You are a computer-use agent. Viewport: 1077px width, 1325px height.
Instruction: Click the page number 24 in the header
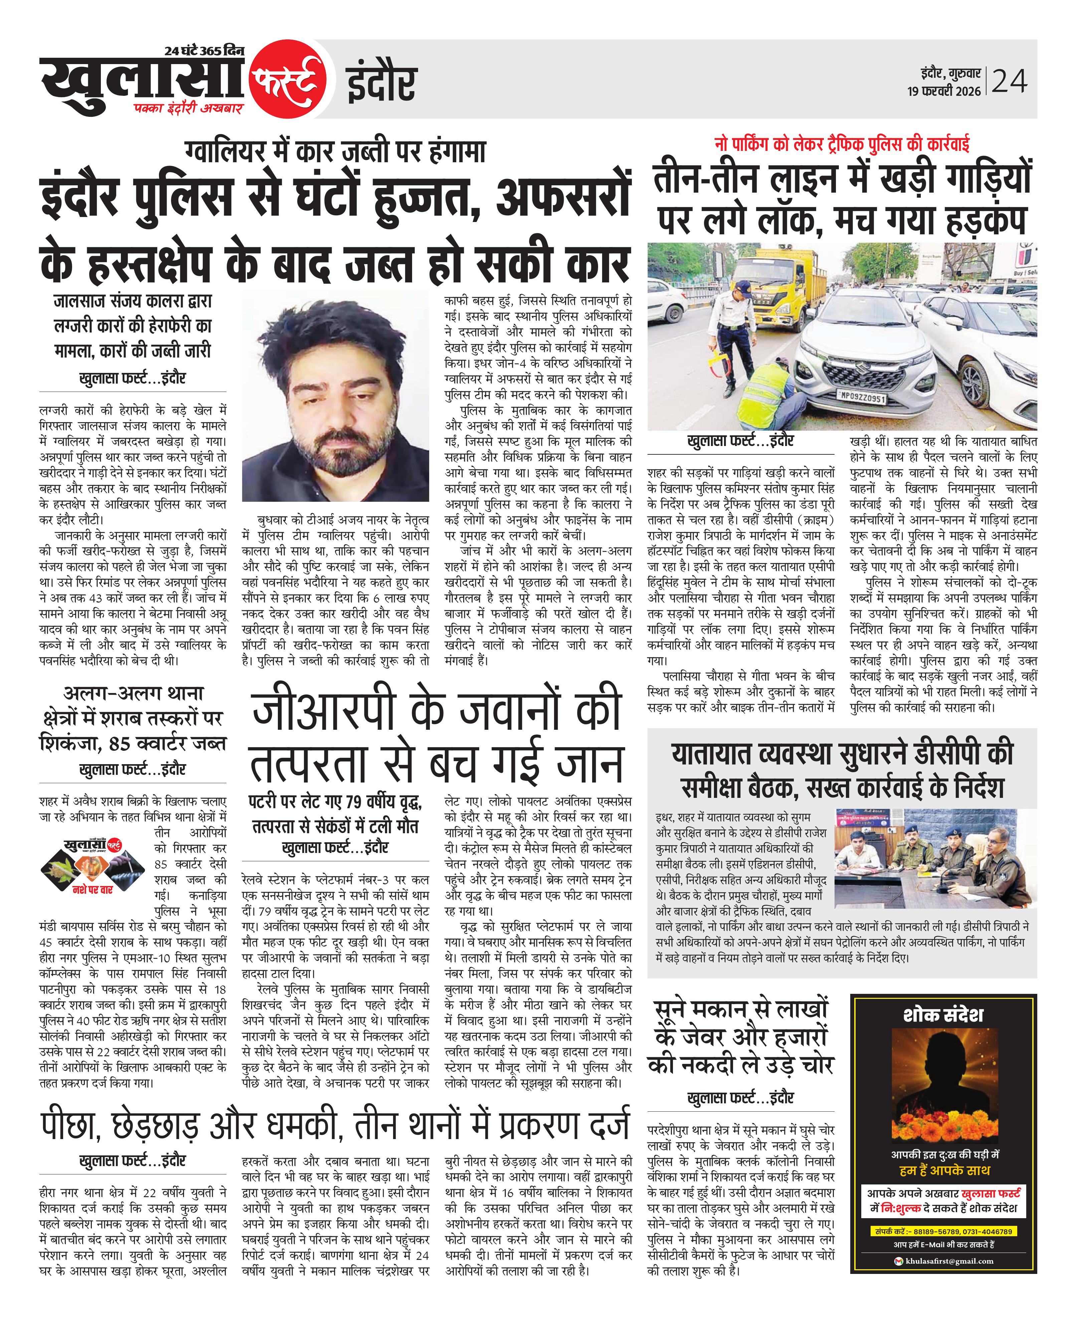pos(1010,81)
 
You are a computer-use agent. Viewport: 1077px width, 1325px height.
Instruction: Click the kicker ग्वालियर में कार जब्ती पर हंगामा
pos(335,151)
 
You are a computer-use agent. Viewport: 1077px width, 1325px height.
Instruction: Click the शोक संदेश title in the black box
pos(943,1015)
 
